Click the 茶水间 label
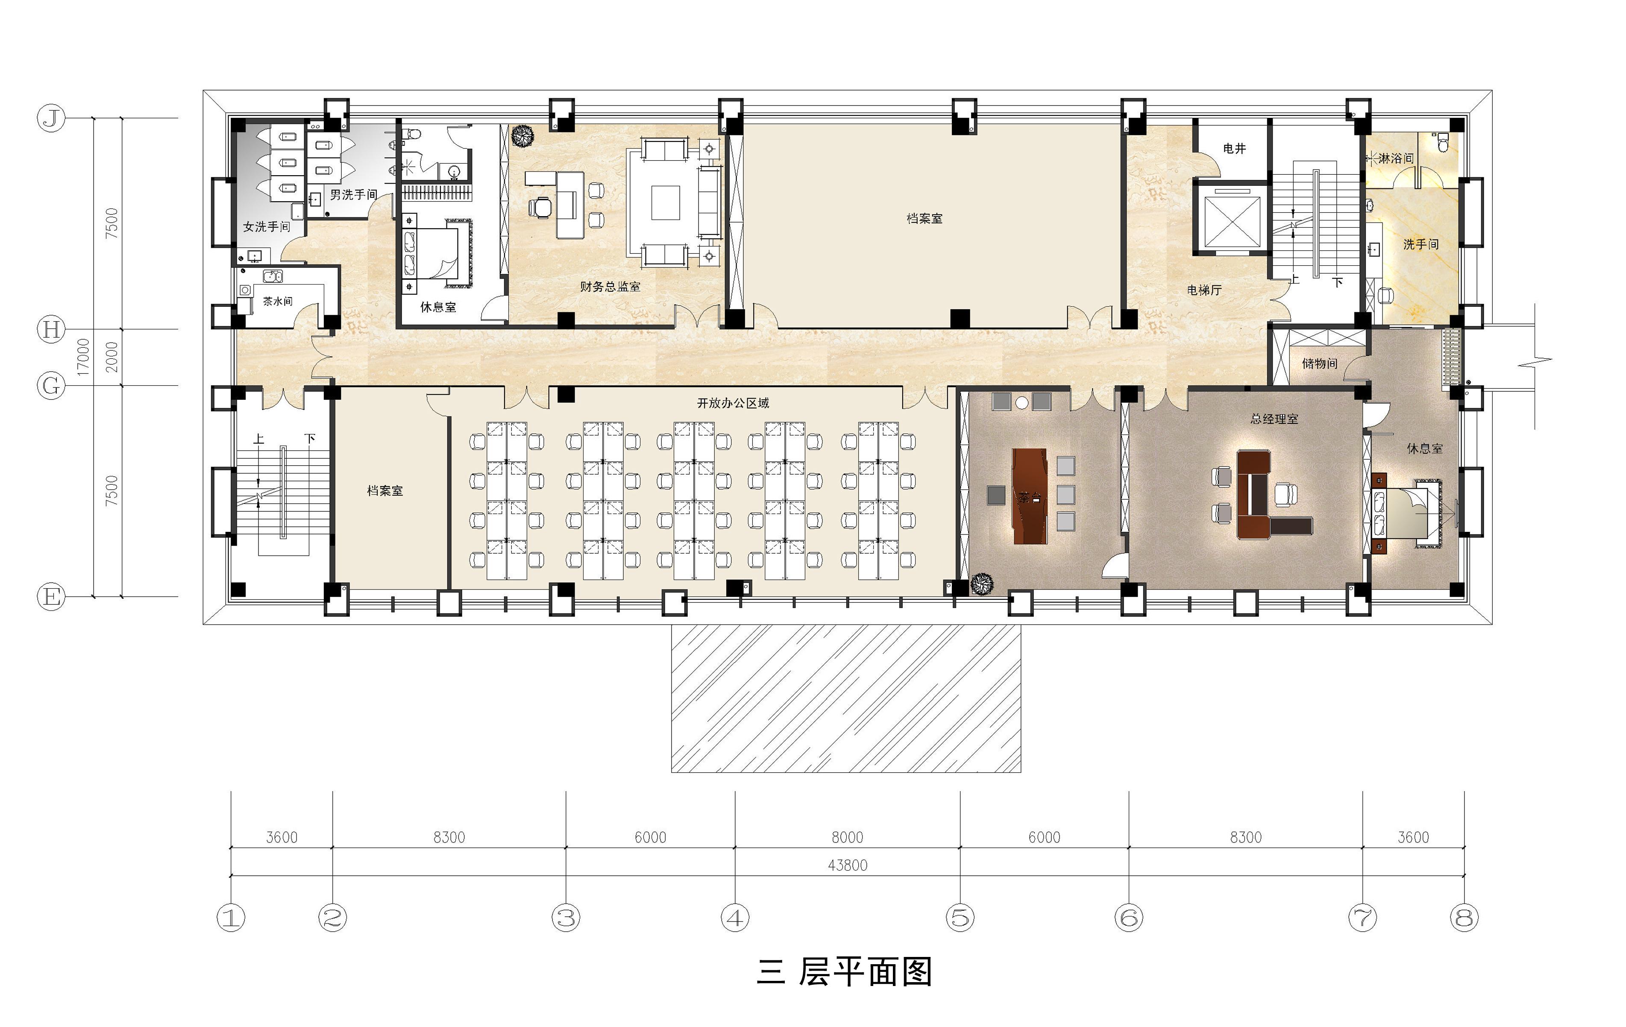point(278,301)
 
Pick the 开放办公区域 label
point(733,403)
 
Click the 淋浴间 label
point(1396,158)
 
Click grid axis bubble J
point(51,119)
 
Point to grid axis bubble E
point(51,597)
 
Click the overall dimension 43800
point(848,866)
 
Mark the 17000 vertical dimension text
point(83,357)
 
